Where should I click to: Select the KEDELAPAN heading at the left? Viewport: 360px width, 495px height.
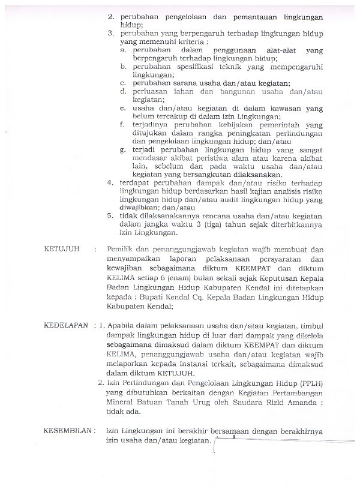pyautogui.click(x=66, y=326)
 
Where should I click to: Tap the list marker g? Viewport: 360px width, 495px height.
pyautogui.click(x=122, y=148)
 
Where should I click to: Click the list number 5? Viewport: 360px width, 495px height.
pyautogui.click(x=110, y=215)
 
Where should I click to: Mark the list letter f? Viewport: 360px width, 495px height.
pyautogui.click(x=121, y=124)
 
